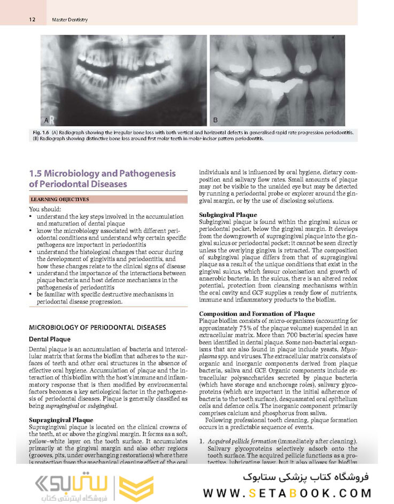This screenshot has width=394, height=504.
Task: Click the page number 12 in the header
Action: (32, 20)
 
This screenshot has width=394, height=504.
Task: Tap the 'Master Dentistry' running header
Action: (70, 20)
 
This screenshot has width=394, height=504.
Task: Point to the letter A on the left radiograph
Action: (46, 120)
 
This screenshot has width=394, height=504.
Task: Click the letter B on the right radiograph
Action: (215, 120)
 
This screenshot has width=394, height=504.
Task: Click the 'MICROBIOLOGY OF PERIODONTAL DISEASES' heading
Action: (97, 327)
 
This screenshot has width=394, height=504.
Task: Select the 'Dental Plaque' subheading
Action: (49, 339)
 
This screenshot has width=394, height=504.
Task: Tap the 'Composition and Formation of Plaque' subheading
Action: (257, 314)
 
